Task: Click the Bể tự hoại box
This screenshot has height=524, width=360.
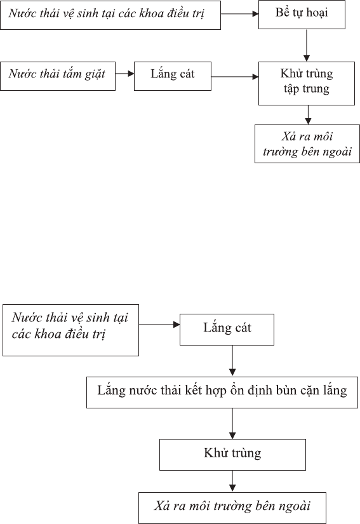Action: [302, 15]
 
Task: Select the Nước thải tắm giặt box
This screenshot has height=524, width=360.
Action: [58, 76]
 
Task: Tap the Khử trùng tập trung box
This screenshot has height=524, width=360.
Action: [306, 83]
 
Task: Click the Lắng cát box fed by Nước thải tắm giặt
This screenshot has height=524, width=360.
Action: [172, 76]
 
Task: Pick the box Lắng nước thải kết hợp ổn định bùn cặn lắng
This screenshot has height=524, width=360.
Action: [222, 393]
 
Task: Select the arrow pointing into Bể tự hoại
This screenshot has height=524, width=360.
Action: [239, 14]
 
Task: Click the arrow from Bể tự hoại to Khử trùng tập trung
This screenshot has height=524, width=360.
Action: [307, 45]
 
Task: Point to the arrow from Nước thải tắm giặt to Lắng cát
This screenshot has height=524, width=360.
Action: [124, 74]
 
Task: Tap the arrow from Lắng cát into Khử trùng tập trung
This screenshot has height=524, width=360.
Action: [235, 77]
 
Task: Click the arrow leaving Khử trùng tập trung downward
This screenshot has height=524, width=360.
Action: [308, 114]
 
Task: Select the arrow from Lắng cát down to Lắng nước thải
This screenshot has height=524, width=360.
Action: [232, 361]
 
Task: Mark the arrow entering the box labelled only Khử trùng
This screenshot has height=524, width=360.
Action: [232, 424]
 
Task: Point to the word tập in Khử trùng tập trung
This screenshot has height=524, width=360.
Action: [291, 89]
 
